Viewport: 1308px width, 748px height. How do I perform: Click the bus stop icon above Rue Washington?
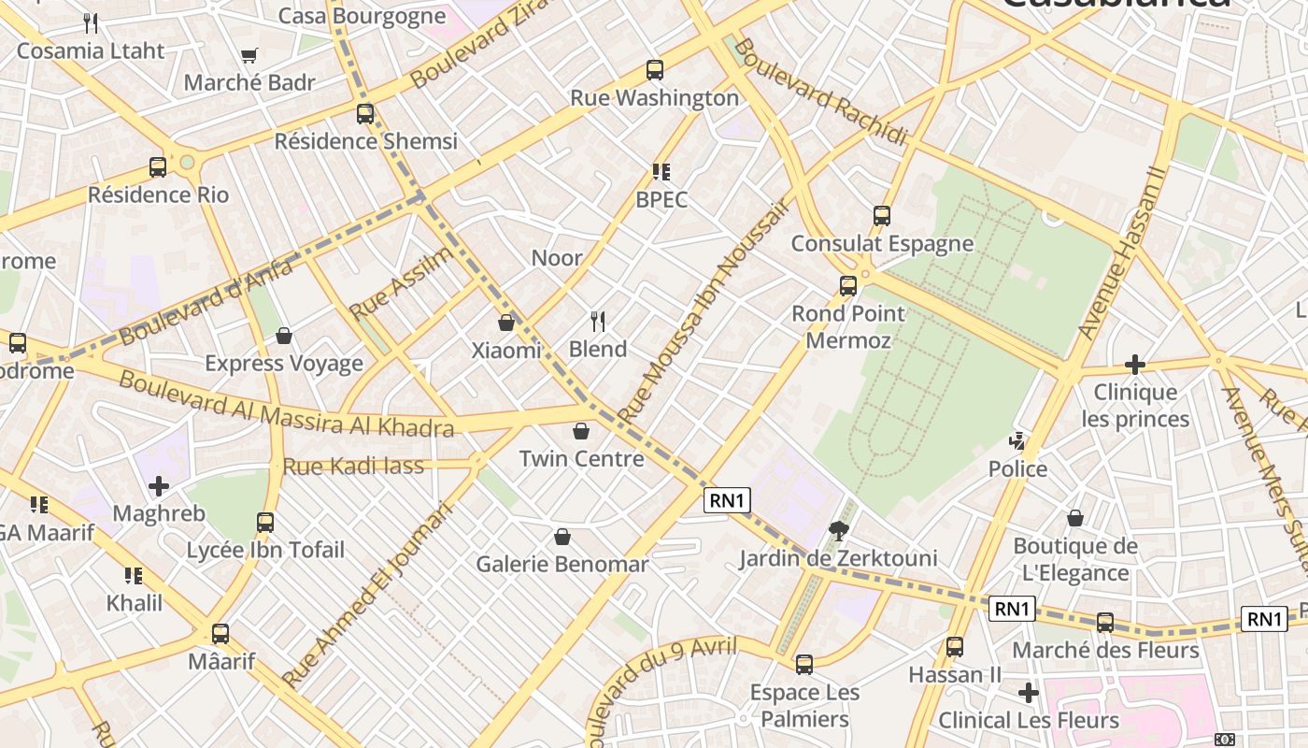click(x=655, y=70)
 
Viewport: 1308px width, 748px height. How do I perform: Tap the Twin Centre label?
click(x=581, y=458)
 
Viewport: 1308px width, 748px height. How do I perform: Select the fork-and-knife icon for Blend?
click(x=598, y=322)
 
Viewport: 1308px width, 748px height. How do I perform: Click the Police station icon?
click(x=1017, y=440)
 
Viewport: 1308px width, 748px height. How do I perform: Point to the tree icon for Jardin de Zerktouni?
click(x=839, y=531)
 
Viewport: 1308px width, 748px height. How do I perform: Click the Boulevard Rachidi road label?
click(x=820, y=92)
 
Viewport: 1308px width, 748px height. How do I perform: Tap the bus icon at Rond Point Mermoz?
click(x=848, y=286)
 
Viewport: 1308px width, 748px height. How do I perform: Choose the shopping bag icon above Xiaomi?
click(x=506, y=323)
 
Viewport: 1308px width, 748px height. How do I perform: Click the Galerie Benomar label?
click(x=562, y=564)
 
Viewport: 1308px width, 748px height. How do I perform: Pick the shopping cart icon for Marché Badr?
click(x=249, y=56)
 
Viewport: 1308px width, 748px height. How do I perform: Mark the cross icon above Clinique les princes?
click(x=1135, y=364)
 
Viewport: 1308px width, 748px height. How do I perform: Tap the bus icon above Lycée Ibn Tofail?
click(x=265, y=522)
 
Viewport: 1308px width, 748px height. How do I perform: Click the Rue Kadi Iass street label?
click(x=353, y=466)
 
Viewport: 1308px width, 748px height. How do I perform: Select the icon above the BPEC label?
click(x=661, y=172)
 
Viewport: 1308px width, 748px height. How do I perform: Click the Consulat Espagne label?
click(x=882, y=243)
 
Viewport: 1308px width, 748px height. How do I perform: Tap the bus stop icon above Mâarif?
click(x=220, y=633)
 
